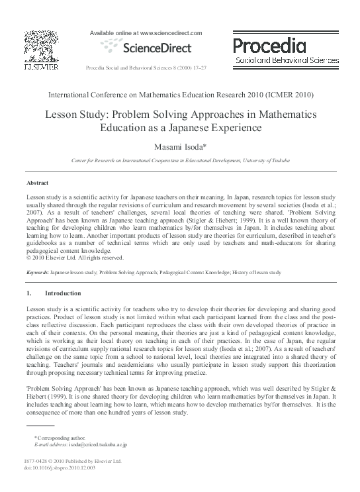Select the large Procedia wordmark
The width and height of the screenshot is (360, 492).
(x=269, y=44)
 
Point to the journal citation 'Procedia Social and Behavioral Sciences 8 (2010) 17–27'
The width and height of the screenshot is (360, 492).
(x=148, y=68)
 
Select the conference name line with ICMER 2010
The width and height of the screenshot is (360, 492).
(x=180, y=95)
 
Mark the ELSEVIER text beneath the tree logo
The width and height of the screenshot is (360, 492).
(x=40, y=67)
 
